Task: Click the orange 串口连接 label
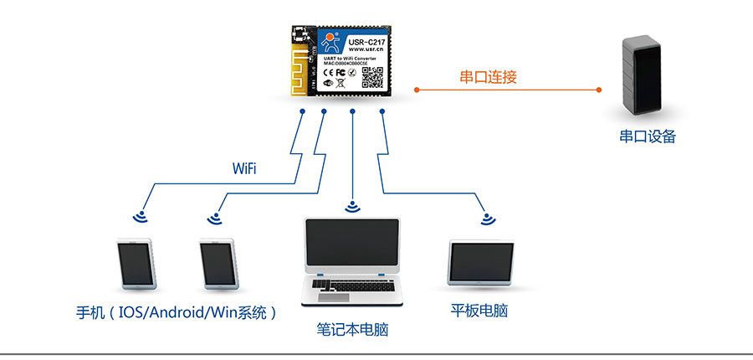point(489,77)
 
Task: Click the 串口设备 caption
point(647,136)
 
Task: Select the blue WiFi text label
point(244,169)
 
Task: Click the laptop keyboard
point(351,285)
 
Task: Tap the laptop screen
point(351,247)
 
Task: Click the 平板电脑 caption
point(479,311)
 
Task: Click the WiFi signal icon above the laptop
point(352,205)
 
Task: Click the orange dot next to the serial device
point(600,89)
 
